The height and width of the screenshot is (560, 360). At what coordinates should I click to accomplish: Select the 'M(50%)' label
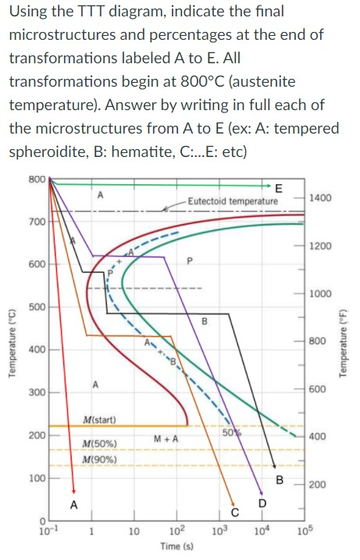pos(100,444)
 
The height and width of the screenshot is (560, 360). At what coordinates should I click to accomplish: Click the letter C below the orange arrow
pos(233,512)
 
